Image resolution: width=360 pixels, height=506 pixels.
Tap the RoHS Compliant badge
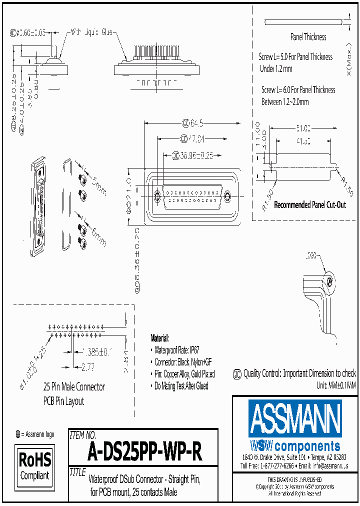pos(34,466)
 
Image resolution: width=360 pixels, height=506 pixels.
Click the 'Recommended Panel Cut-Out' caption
pos(310,205)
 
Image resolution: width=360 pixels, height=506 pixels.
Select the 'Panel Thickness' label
pos(308,37)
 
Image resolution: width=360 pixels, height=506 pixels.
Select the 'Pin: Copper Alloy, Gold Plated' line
pos(184,374)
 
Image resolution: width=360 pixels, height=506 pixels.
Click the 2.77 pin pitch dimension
pos(88,367)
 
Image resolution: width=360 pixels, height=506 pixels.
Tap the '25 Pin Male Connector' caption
pos(74,387)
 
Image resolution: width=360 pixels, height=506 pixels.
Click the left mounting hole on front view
pos(158,195)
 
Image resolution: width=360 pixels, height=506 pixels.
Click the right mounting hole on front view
pos(227,195)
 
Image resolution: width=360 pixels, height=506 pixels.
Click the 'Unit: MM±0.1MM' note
pos(335,385)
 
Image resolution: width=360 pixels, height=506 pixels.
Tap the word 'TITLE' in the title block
pos(77,472)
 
